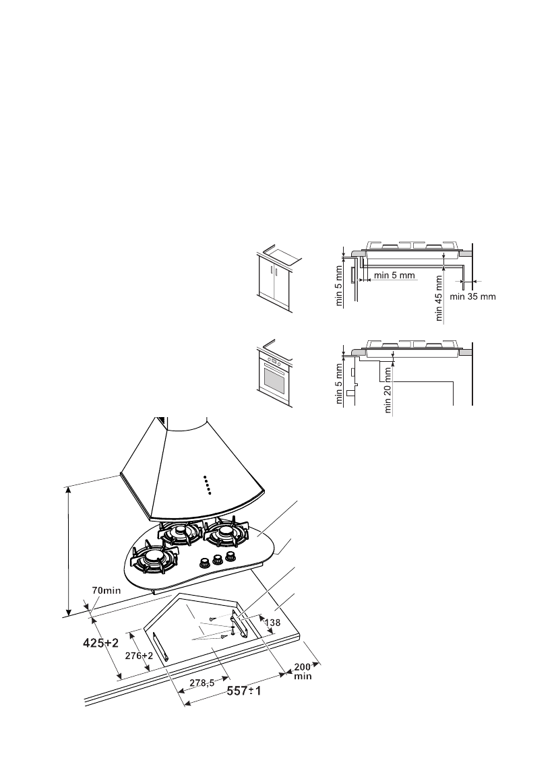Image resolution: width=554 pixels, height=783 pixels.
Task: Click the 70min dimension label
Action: click(106, 590)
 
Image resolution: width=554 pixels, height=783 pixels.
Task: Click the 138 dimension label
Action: click(272, 623)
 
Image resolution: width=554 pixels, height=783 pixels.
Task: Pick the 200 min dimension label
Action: click(303, 671)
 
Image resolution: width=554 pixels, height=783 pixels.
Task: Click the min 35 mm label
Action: click(472, 296)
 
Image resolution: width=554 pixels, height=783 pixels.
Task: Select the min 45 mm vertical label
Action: click(440, 297)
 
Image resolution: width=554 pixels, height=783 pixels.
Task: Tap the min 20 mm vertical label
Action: click(388, 387)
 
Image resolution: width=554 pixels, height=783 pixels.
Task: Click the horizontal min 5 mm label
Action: click(395, 275)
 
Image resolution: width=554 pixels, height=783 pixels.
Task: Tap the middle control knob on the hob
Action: click(218, 559)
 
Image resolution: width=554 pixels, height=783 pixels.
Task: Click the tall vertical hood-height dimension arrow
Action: click(69, 549)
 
